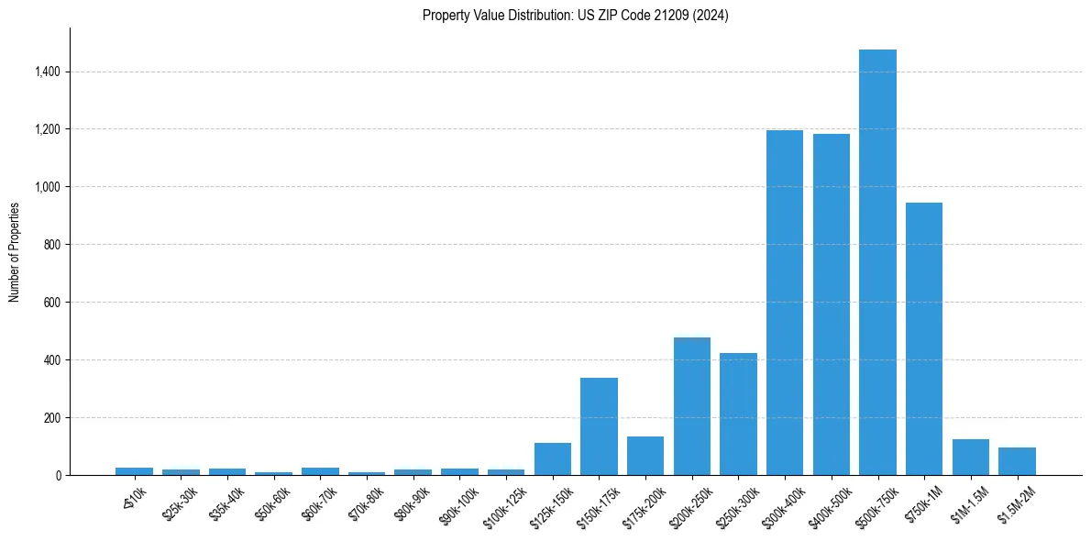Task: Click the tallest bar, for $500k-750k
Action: [877, 262]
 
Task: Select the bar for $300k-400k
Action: [785, 303]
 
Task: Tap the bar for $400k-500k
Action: [831, 304]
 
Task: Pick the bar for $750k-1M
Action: [924, 339]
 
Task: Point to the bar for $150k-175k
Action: [599, 426]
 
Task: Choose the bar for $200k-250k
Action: [692, 406]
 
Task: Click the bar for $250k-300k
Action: [738, 414]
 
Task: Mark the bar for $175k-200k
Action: [645, 456]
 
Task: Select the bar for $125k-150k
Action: [553, 459]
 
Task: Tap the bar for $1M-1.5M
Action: [970, 458]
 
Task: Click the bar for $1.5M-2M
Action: [1017, 461]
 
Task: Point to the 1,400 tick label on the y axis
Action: [48, 72]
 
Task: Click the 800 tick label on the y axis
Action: [52, 245]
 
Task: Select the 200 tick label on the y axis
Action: [52, 418]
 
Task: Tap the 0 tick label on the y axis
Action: [57, 476]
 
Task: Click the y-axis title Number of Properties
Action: [15, 251]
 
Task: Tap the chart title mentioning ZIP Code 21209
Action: [576, 16]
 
